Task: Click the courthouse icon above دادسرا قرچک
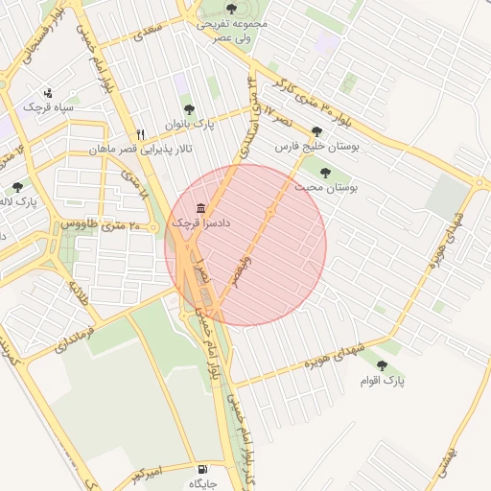[200, 208]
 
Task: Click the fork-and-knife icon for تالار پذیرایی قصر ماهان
[141, 135]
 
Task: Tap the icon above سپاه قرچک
[48, 93]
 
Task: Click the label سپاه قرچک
[50, 108]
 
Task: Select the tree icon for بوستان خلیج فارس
[316, 131]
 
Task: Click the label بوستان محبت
[325, 189]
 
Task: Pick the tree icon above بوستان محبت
[325, 173]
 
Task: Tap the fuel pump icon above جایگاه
[201, 470]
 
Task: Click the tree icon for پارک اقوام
[383, 365]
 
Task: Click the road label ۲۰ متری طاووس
[101, 223]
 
